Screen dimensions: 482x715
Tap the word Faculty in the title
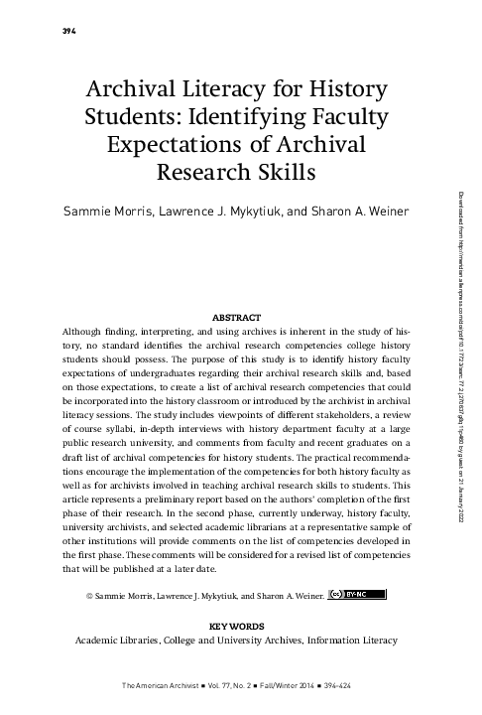click(x=341, y=118)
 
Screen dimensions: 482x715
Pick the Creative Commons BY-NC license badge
click(x=356, y=596)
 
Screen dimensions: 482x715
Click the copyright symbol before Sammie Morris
click(x=90, y=597)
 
